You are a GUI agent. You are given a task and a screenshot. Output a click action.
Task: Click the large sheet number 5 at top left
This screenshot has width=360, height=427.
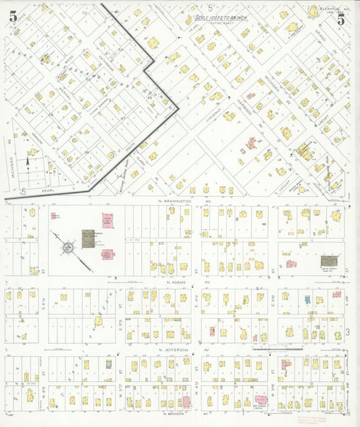pos(13,18)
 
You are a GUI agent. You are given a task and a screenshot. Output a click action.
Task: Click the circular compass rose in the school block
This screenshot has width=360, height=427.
pos(68,249)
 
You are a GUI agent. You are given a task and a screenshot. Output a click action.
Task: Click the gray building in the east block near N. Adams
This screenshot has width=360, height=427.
pos(328,261)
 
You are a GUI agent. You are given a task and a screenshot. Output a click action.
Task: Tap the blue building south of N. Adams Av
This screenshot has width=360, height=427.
pos(307,299)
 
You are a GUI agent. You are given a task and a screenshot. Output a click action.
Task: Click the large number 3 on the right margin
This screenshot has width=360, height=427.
pos(347,331)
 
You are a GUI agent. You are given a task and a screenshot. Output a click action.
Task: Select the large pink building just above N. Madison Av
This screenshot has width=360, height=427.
pos(261,400)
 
